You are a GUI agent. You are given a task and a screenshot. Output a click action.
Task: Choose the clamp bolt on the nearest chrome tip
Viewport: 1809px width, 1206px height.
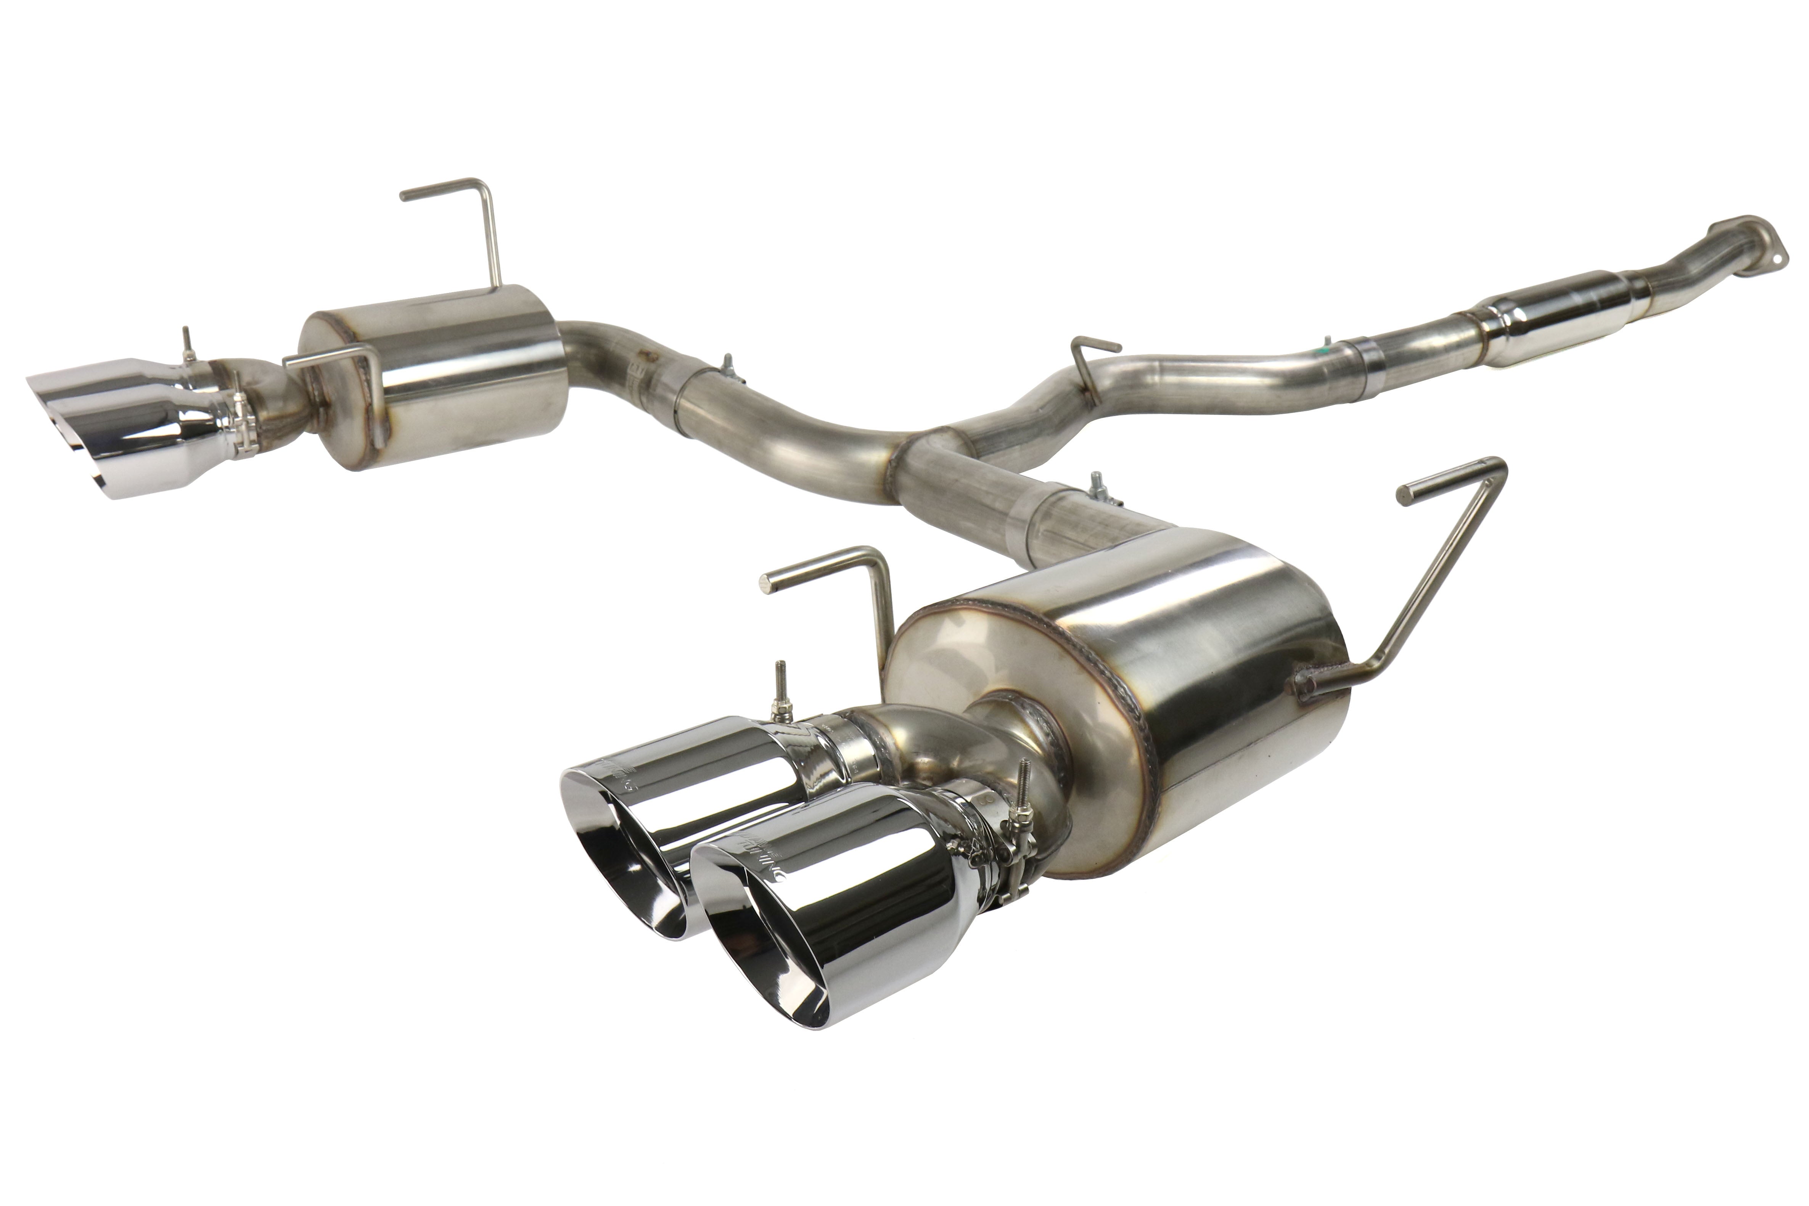pos(1023,807)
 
